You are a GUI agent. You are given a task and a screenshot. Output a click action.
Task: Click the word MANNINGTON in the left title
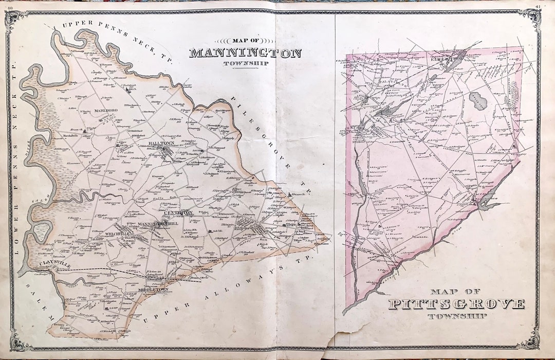245,53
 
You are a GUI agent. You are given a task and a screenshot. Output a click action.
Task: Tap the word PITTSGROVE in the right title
456,304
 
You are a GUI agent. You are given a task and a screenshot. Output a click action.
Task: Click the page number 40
10,4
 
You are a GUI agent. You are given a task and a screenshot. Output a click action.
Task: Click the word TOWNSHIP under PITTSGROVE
456,316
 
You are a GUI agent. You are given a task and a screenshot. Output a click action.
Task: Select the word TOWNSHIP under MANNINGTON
245,64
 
